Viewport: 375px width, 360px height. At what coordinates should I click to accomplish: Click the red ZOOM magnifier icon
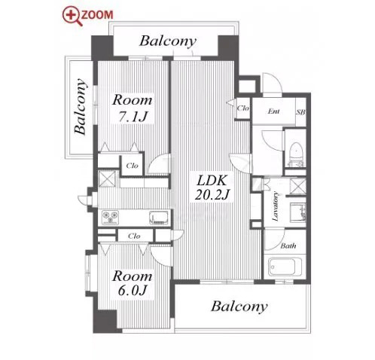[x=72, y=16]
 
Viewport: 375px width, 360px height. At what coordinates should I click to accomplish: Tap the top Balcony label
[x=168, y=41]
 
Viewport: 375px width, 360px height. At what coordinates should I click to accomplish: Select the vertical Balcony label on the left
[x=81, y=106]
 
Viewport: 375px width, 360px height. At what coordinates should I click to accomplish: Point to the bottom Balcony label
[x=239, y=307]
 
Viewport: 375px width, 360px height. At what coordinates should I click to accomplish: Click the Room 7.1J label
[x=133, y=108]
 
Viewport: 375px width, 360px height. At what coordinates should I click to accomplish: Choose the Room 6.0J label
[x=133, y=284]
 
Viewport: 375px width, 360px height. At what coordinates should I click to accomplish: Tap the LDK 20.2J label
[x=212, y=188]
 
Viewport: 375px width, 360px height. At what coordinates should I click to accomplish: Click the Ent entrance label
[x=273, y=111]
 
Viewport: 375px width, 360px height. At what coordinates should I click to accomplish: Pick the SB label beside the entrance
[x=301, y=112]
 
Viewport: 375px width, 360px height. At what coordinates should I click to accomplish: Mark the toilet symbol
[x=296, y=154]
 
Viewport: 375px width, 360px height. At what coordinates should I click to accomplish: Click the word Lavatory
[x=276, y=206]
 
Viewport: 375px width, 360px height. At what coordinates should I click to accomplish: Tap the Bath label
[x=288, y=246]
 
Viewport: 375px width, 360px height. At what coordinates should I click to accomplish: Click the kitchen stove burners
[x=110, y=217]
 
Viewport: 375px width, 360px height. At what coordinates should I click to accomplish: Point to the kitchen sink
[x=159, y=218]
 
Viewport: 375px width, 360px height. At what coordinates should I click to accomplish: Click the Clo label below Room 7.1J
[x=133, y=166]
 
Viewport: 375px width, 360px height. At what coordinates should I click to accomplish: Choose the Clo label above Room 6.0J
[x=134, y=236]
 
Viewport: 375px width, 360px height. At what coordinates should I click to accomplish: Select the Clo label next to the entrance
[x=243, y=108]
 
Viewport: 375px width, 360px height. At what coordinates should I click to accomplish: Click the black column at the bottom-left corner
[x=105, y=321]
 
